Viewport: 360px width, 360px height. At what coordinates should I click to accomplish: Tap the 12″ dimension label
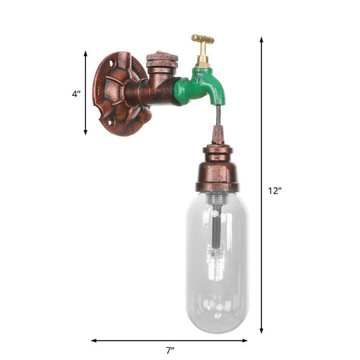(x=274, y=190)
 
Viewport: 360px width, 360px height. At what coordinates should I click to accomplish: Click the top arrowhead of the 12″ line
(x=261, y=41)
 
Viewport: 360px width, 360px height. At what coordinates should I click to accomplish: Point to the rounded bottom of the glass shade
(x=217, y=323)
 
